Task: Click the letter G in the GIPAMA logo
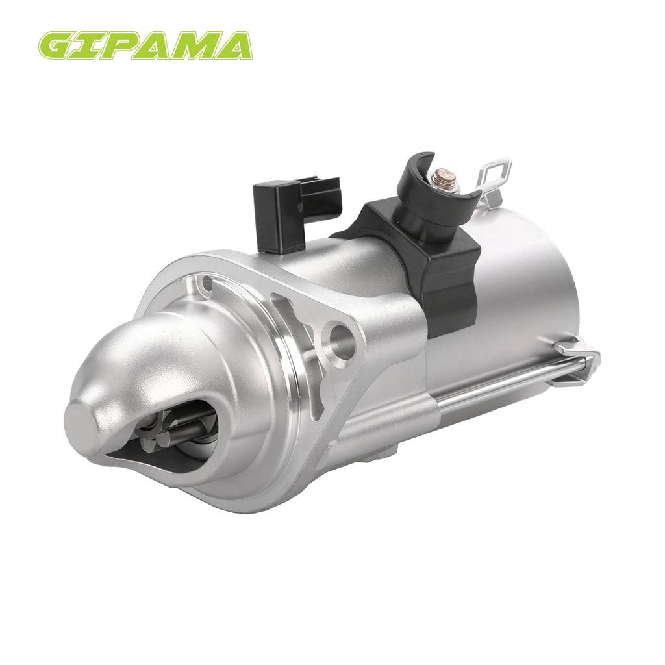tap(58, 45)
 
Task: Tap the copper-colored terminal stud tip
tap(444, 173)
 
